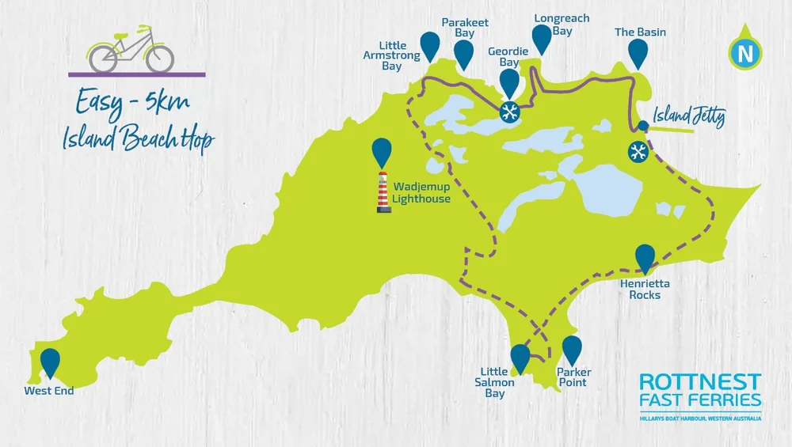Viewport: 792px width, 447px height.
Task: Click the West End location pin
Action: tap(51, 362)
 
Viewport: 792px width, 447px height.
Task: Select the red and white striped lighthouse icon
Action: tap(383, 191)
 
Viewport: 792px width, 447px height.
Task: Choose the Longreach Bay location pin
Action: tap(542, 38)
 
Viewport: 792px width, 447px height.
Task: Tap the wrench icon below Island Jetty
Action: tap(638, 151)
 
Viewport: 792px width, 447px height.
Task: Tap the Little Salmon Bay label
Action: tap(499, 382)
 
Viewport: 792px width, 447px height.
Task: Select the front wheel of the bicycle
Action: tap(159, 57)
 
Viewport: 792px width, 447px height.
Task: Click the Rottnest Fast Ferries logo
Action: tap(700, 396)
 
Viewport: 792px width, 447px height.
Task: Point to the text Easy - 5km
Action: tap(133, 102)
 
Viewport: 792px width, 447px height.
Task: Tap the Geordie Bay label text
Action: tap(503, 57)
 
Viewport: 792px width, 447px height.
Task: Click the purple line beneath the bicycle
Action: tap(137, 74)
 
